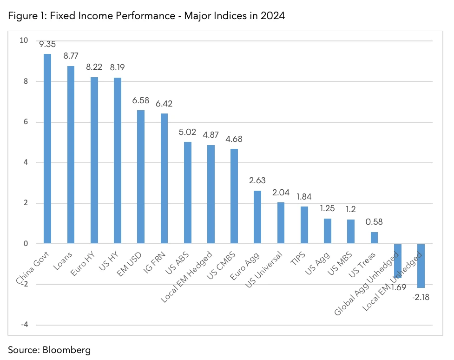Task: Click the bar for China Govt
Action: click(x=47, y=149)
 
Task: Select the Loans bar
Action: click(x=71, y=155)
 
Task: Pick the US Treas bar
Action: click(x=374, y=238)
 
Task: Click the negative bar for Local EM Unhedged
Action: click(x=421, y=266)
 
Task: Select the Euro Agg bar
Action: click(x=257, y=217)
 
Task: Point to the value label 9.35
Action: click(x=47, y=45)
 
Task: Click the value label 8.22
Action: click(x=94, y=67)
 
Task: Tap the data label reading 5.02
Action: click(x=187, y=132)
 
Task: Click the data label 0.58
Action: click(x=374, y=222)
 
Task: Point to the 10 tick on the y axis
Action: click(x=23, y=41)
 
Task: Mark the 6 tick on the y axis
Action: click(x=25, y=122)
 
